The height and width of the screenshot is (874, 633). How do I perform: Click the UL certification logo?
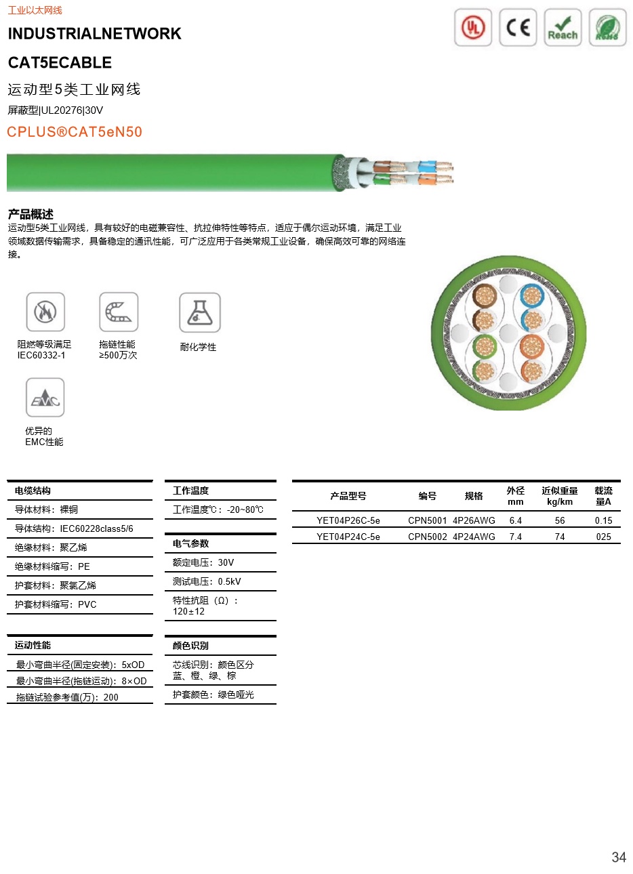[x=473, y=28]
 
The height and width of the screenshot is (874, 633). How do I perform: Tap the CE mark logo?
[x=518, y=28]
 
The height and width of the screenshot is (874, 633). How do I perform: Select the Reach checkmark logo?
[x=563, y=28]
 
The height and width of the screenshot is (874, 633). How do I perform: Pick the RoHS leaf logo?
[x=607, y=28]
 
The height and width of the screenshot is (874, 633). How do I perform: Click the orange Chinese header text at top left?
[x=35, y=11]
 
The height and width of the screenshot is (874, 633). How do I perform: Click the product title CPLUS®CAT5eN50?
[x=75, y=131]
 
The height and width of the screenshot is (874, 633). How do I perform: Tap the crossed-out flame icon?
[x=45, y=311]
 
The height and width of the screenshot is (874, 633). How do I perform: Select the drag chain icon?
[x=119, y=311]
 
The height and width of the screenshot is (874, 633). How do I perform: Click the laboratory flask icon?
[x=199, y=311]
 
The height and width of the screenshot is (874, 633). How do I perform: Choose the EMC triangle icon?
[x=44, y=396]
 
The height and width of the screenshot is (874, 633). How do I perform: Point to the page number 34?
[x=618, y=857]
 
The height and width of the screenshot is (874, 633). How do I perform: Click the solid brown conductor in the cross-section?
[x=484, y=295]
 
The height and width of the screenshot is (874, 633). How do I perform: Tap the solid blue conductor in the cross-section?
[x=532, y=295]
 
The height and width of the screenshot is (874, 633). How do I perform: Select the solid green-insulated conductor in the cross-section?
[x=484, y=347]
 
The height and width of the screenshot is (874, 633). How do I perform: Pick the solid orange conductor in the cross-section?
[x=532, y=347]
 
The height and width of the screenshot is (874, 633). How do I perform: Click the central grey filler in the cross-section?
[x=508, y=333]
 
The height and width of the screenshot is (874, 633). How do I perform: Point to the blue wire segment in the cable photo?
[x=427, y=165]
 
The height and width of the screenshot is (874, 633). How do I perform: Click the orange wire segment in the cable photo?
[x=427, y=179]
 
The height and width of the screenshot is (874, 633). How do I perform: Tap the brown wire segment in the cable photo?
[x=382, y=165]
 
